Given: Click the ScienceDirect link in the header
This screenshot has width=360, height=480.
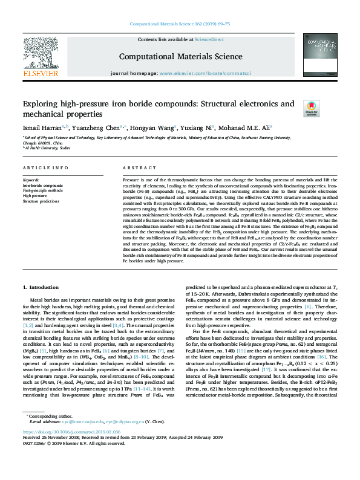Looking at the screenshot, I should [210, 40].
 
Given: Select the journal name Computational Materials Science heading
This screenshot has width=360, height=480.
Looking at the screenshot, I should [180, 56].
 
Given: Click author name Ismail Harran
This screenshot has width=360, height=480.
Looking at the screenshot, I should [42, 128].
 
